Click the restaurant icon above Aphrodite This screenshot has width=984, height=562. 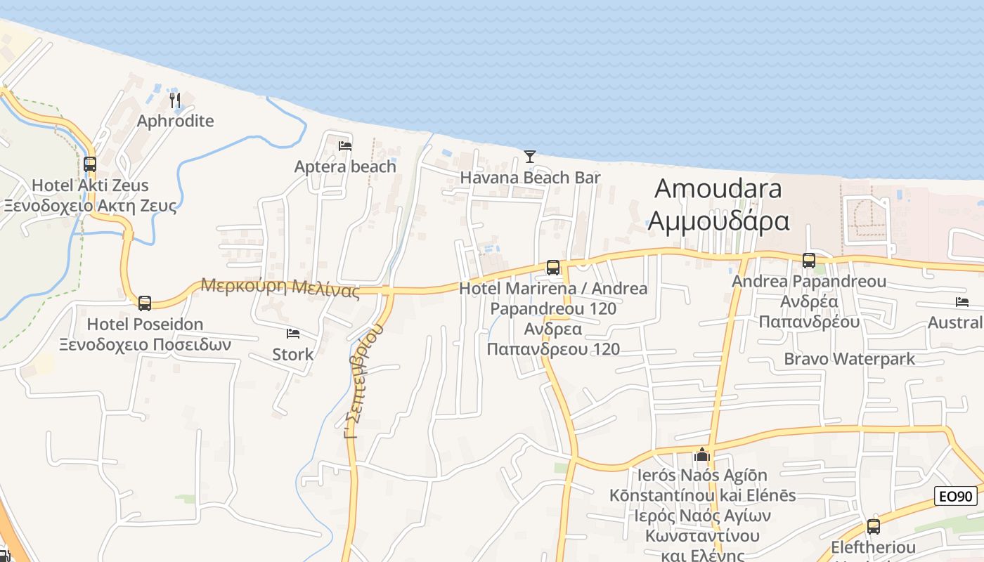click(x=175, y=100)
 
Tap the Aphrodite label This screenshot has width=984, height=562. click(x=175, y=121)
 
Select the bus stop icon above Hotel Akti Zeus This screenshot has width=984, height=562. click(x=90, y=164)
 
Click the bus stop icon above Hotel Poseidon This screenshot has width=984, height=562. click(x=145, y=303)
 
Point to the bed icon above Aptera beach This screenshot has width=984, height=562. click(x=345, y=146)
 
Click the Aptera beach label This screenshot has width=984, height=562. click(x=345, y=166)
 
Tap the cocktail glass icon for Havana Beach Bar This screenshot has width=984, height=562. click(x=530, y=156)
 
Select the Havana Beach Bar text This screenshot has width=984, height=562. click(x=530, y=177)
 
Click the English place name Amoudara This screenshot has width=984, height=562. click(x=718, y=188)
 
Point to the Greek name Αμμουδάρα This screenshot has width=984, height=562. click(x=718, y=221)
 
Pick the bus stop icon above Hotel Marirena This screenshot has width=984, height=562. click(x=553, y=267)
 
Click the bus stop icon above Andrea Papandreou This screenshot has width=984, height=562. click(x=809, y=260)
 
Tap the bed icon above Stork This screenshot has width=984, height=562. click(x=293, y=333)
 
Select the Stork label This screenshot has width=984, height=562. click(x=293, y=354)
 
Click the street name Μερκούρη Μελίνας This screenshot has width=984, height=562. click(x=280, y=287)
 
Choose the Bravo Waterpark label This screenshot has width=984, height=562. click(x=849, y=359)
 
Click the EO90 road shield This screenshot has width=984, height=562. click(x=957, y=496)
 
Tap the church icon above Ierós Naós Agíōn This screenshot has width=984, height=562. click(x=701, y=455)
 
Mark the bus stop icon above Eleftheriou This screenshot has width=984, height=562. click(x=874, y=526)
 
